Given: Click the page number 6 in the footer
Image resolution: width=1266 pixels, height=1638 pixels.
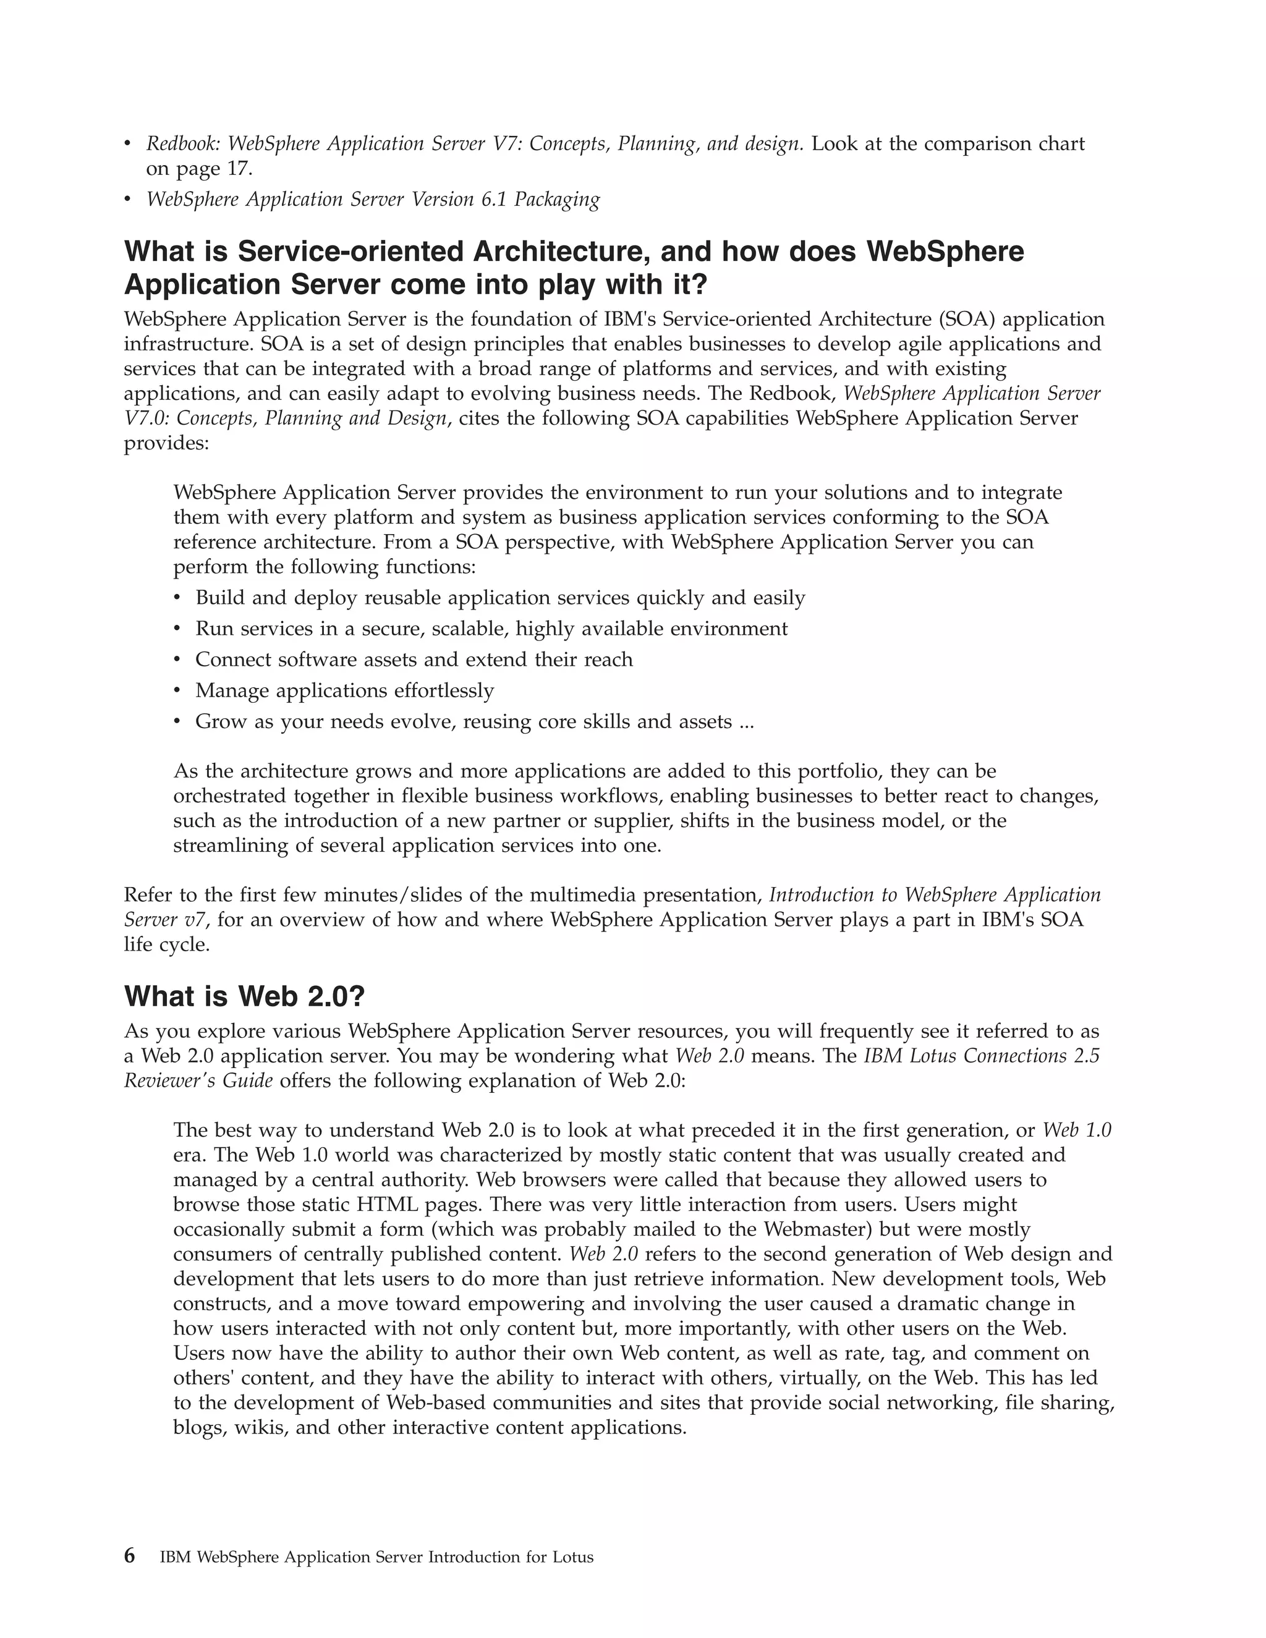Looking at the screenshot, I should coord(130,1556).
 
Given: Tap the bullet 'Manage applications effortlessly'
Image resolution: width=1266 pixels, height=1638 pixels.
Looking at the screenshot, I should coord(344,690).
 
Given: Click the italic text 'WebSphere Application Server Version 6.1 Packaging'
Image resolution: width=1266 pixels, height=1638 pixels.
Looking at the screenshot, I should coord(373,200).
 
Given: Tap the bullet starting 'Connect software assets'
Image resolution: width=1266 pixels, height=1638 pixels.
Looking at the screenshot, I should coord(414,660).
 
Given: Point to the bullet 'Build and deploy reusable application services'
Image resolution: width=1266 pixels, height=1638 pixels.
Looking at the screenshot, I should coord(499,598).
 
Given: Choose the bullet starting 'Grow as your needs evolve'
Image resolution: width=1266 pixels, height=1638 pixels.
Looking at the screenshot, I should coord(474,721).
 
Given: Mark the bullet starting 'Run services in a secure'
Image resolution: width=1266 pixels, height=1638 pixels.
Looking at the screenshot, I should coord(491,629).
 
